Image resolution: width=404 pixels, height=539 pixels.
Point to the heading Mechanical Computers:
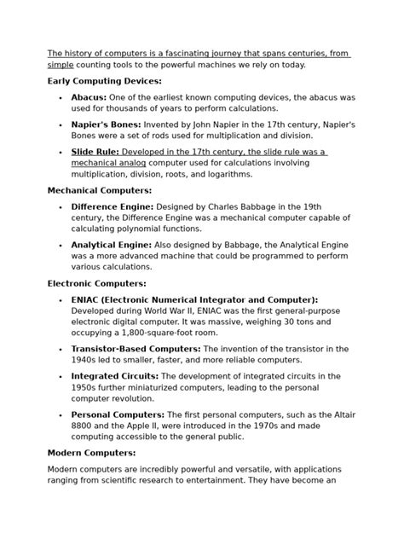coord(100,190)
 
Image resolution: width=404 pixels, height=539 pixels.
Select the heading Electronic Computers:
coord(96,283)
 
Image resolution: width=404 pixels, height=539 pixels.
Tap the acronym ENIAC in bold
coord(89,299)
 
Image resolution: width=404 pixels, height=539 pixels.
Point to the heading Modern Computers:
coord(91,453)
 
